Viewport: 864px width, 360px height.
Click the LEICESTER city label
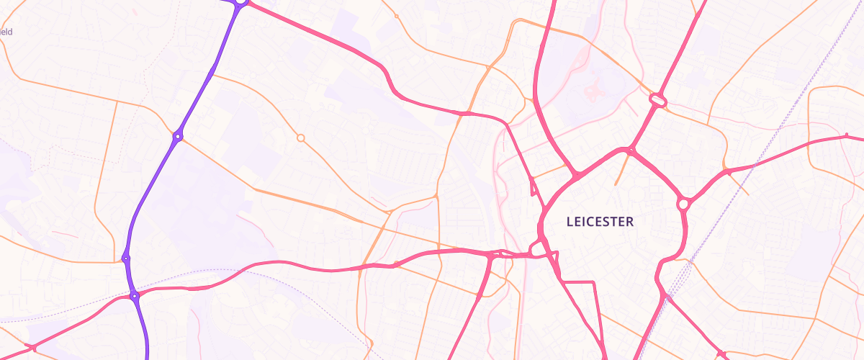600,222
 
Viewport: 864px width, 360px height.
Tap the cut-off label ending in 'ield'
6,32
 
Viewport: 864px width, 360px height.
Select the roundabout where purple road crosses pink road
134,296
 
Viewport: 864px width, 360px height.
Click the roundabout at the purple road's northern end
240,2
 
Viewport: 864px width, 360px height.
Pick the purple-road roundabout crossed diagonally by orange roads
177,136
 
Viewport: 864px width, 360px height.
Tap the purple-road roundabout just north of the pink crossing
126,258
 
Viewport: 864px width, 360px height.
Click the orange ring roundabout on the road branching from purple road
301,138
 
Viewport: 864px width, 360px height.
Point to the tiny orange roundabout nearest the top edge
396,16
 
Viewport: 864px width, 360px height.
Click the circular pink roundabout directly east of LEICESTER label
683,204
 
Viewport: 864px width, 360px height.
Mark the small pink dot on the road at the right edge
847,135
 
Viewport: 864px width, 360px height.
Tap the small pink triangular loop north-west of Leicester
534,187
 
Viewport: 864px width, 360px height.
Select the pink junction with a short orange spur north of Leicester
630,151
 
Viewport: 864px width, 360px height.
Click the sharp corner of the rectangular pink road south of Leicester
594,284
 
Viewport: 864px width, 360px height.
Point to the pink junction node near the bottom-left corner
33,348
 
